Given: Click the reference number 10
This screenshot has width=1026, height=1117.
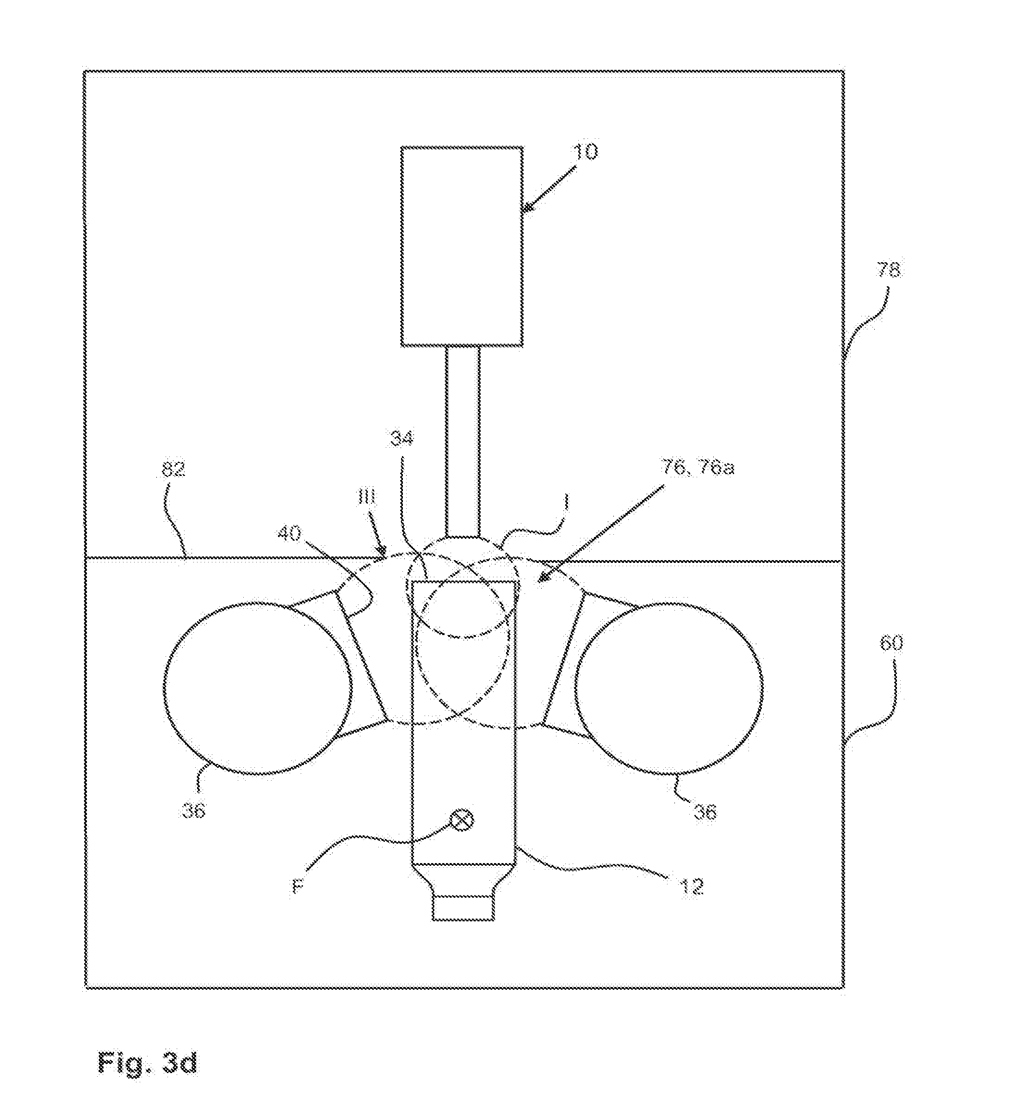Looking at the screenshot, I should pos(585,152).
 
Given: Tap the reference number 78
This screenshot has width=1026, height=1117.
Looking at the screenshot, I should pos(888,271).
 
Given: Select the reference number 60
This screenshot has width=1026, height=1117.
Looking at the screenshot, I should pos(890,643).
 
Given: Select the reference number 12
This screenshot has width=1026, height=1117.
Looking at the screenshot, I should pos(691,887).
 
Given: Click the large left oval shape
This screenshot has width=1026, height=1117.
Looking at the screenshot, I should pos(258,688).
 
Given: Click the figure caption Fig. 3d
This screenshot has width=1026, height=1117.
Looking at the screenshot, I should pos(147,1062).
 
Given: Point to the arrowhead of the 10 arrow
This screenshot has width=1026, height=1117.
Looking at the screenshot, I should pos(526,210).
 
